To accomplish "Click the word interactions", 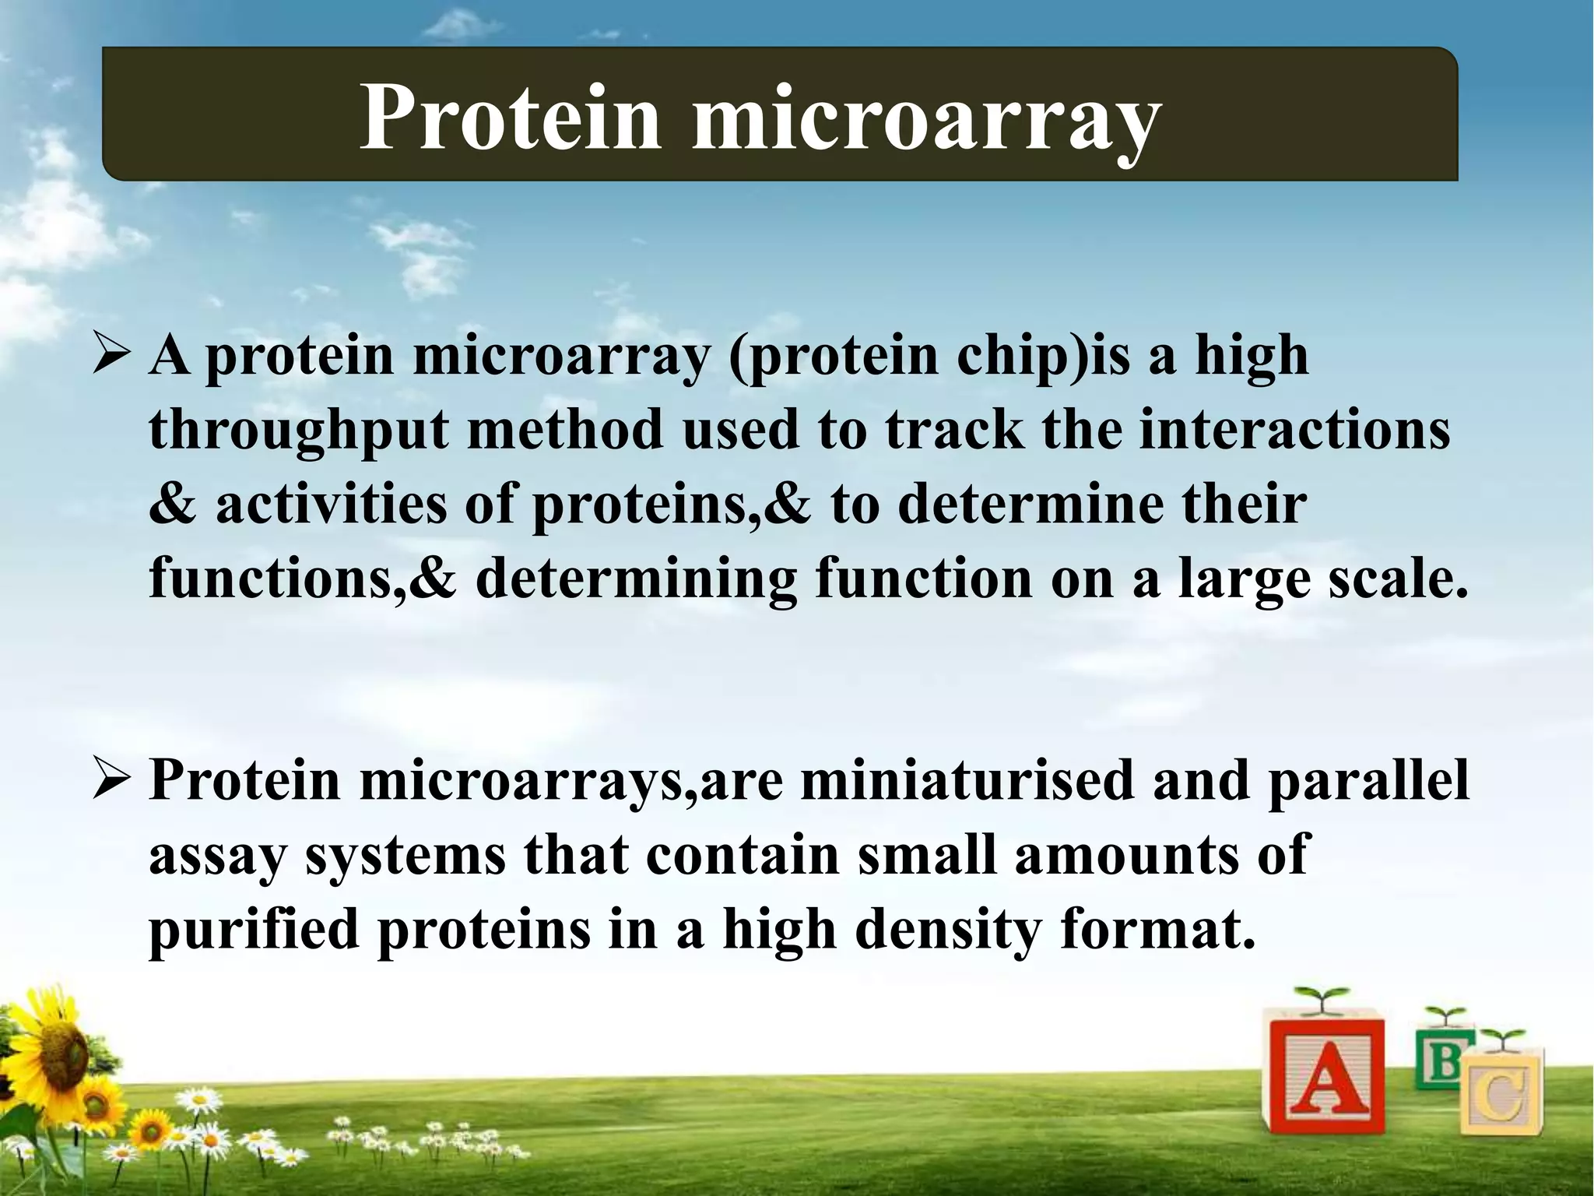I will (1294, 430).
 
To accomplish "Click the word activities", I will (331, 504).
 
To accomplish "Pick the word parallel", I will (1368, 780).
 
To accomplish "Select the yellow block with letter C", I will (1501, 1098).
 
